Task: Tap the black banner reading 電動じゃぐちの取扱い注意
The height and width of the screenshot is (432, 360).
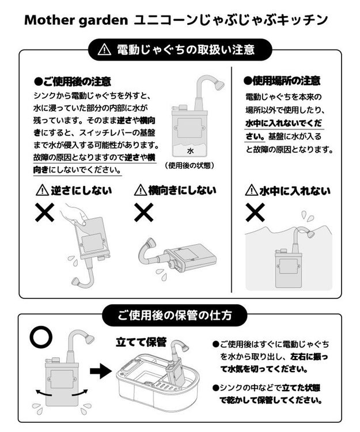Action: coord(180,50)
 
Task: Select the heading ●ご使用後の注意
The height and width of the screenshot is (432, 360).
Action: coord(73,81)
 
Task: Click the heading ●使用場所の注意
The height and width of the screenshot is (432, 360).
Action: coord(282,81)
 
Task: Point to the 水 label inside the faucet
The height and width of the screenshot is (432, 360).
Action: coord(190,151)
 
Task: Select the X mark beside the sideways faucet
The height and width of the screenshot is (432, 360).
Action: coord(144,213)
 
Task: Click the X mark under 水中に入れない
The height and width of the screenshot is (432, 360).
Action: coord(255,213)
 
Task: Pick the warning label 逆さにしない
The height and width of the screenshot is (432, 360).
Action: coord(73,190)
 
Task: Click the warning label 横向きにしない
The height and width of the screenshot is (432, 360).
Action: coord(175,190)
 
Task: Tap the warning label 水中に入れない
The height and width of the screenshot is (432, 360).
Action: coord(287,191)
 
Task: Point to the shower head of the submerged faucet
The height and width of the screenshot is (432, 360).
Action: coord(309,234)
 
